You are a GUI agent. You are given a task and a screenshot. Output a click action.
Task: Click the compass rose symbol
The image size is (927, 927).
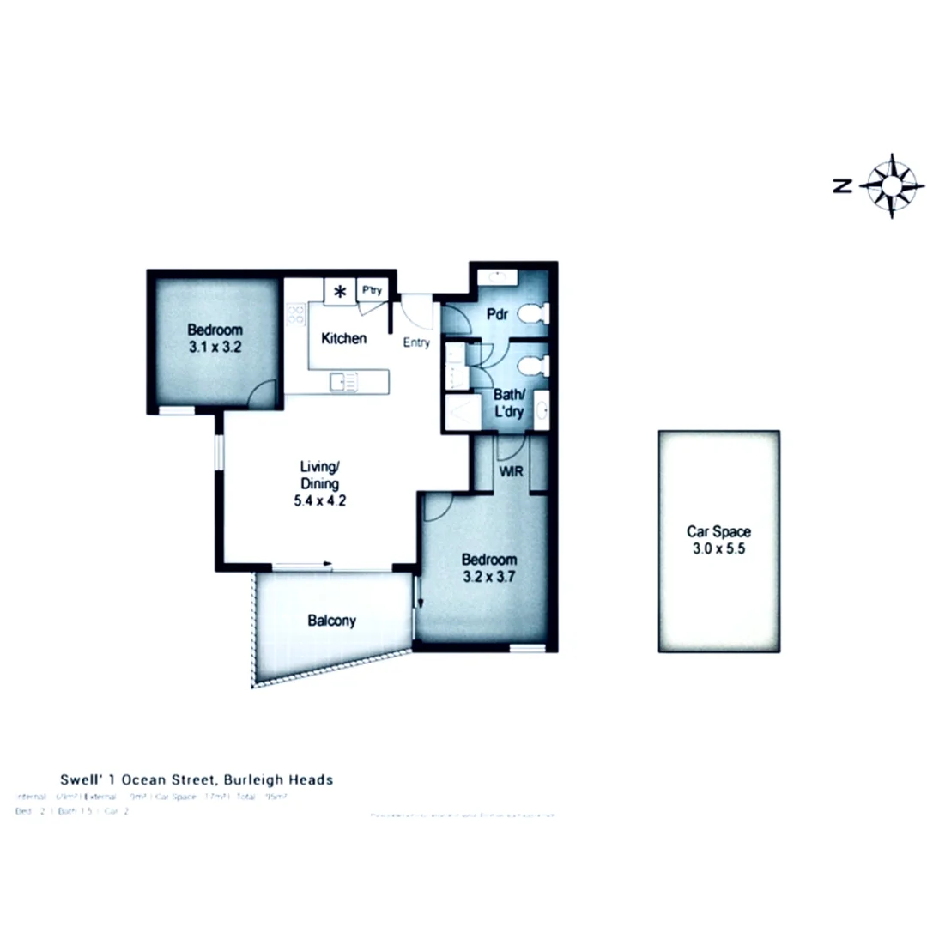click(x=892, y=185)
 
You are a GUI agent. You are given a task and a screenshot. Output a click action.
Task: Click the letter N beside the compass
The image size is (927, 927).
click(x=843, y=185)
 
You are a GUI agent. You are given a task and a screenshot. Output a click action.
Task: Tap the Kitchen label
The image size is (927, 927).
click(x=343, y=338)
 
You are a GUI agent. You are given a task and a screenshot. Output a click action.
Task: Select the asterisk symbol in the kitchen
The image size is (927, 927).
click(x=340, y=292)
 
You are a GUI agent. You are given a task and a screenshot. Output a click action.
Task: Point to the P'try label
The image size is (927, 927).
click(x=372, y=291)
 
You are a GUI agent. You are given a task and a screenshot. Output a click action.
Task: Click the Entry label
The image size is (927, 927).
click(x=417, y=343)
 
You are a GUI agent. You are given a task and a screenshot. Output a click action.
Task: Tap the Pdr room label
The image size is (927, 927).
click(x=498, y=314)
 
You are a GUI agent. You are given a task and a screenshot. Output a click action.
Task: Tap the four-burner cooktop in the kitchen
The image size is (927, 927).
click(x=296, y=313)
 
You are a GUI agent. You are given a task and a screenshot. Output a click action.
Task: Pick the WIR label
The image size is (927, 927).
click(x=510, y=470)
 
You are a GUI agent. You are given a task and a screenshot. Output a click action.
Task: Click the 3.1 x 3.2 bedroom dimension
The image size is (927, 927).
click(x=215, y=347)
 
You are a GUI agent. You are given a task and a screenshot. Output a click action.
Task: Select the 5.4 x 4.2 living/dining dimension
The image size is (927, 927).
click(x=320, y=500)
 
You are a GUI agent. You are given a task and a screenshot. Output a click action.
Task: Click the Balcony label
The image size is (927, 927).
click(x=331, y=621)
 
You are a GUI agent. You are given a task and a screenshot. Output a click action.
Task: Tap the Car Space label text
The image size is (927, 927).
click(x=718, y=531)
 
